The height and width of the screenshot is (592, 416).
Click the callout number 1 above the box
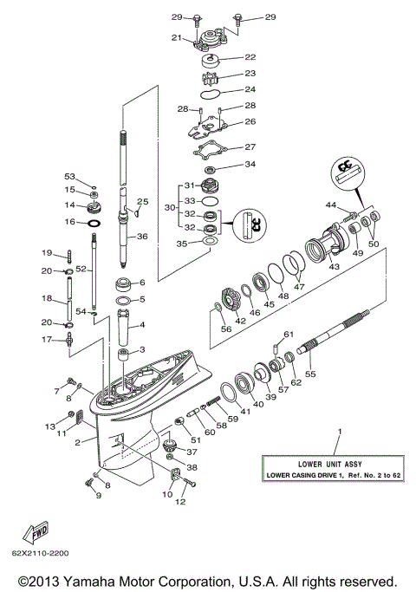(340, 431)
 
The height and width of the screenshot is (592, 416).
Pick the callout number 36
(141, 236)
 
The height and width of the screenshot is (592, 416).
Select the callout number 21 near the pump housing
(175, 37)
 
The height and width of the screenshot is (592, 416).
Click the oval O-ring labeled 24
(213, 89)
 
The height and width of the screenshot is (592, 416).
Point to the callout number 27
(250, 146)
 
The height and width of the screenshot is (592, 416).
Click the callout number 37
(192, 452)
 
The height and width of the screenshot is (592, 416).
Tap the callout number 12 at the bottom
(181, 501)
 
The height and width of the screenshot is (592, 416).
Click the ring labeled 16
(94, 223)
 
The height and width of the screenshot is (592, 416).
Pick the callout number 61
(289, 335)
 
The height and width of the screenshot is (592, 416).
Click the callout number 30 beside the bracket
(170, 209)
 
